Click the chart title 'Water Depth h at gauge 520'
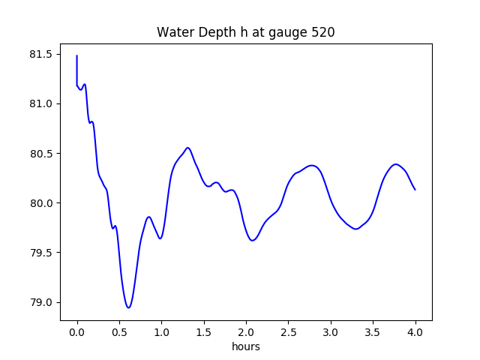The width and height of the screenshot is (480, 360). [246, 33]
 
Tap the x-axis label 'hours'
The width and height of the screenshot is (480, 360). [246, 346]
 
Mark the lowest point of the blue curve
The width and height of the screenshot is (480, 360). [129, 307]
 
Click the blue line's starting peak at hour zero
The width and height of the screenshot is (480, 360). [77, 56]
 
